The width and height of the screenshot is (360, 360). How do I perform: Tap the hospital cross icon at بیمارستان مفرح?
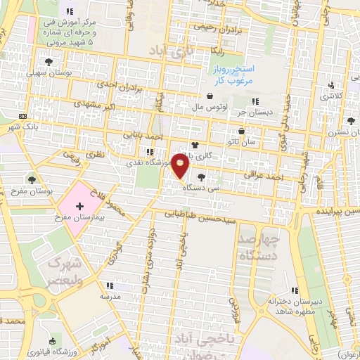coord(79,207)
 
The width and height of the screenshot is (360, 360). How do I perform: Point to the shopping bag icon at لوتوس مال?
coord(210,97)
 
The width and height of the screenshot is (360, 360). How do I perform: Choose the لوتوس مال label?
coord(208,108)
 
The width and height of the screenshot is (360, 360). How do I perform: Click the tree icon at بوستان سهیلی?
coord(49,63)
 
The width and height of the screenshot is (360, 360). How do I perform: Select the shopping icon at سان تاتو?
coord(243,131)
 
